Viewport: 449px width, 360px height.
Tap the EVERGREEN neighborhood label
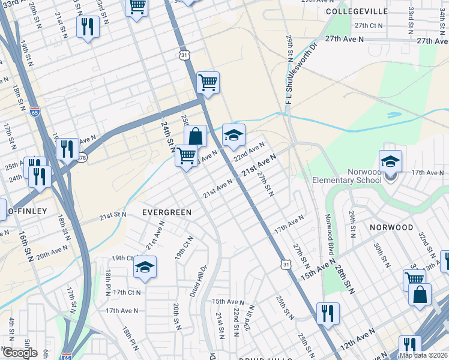(167, 212)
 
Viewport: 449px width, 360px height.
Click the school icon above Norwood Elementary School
(390, 161)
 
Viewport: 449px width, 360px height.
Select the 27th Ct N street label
(369, 25)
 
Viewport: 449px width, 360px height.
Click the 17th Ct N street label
(126, 292)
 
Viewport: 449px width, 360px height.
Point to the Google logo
(20, 353)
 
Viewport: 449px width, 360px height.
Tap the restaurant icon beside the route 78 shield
(67, 148)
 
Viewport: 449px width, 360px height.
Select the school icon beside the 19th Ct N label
(144, 268)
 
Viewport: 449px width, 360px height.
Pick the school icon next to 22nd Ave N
(234, 135)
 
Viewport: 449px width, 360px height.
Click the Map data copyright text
(424, 355)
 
